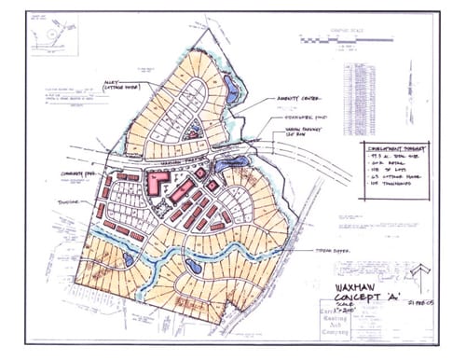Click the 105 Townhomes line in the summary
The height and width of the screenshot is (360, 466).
(x=384, y=191)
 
